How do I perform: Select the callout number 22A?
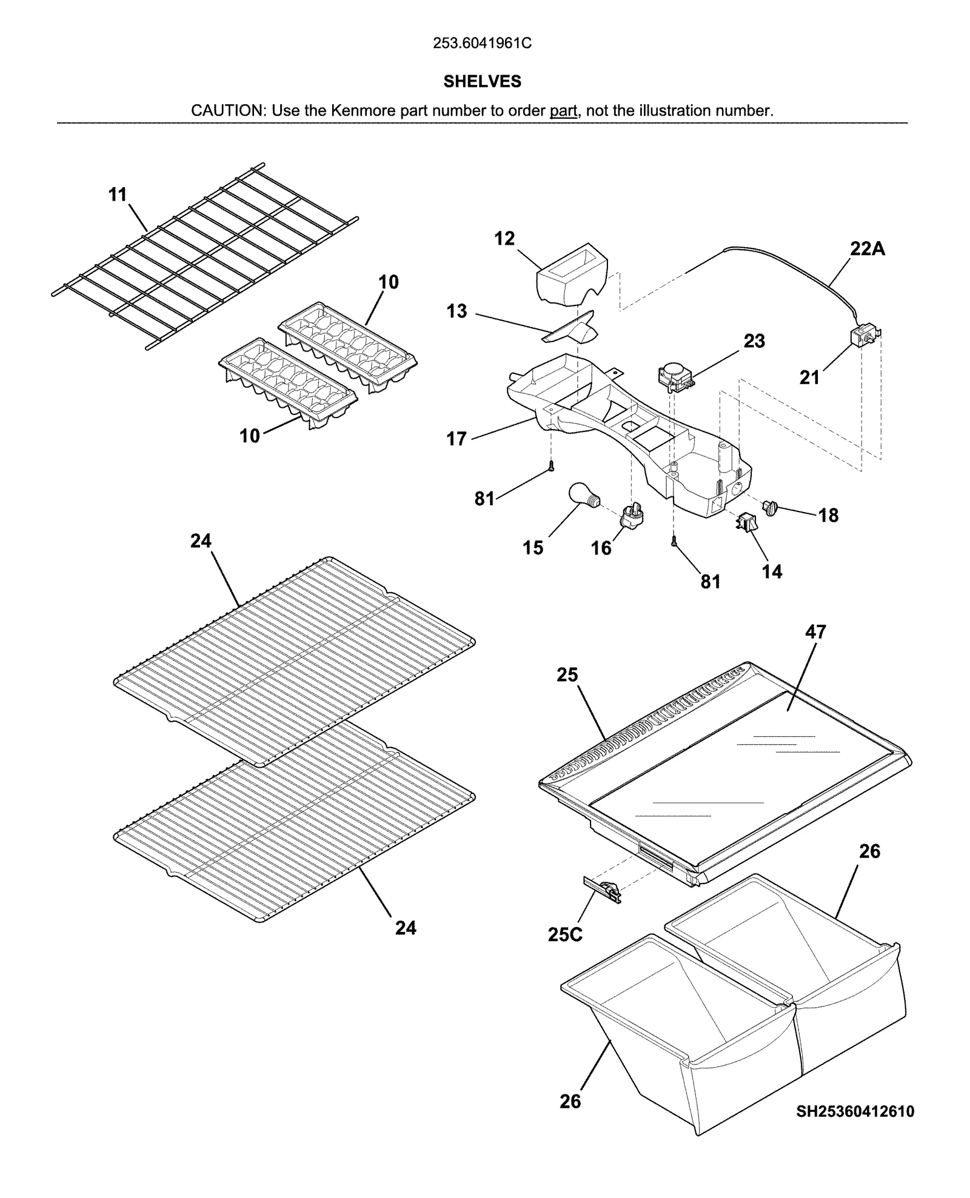[867, 249]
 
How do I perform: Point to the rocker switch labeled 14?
[745, 522]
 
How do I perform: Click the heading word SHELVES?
[482, 82]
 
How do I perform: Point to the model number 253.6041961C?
[482, 44]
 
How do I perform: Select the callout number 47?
[815, 632]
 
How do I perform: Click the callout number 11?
[118, 195]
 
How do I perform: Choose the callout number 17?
[457, 438]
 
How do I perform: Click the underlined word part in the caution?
[563, 111]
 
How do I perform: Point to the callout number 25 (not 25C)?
[567, 675]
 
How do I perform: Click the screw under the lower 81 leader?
[674, 544]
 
